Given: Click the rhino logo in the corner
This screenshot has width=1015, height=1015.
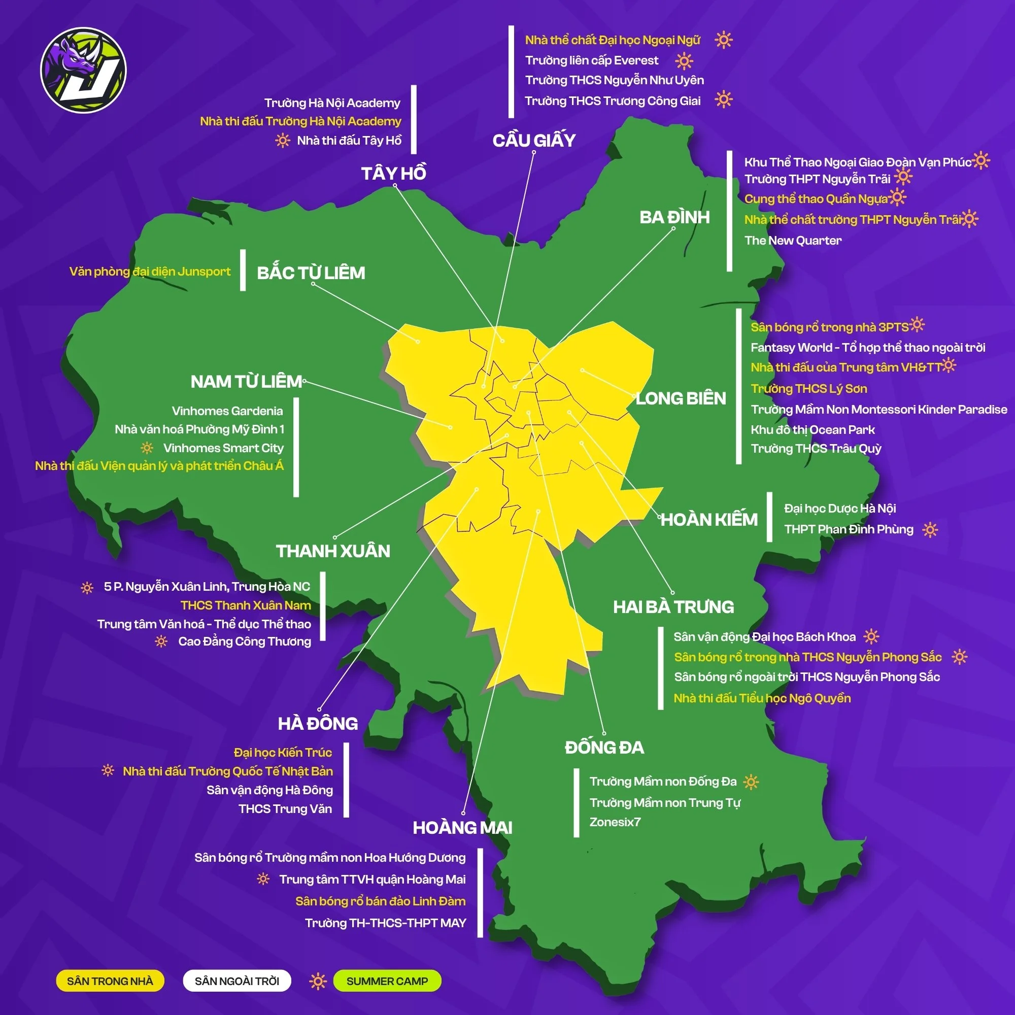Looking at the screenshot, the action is pyautogui.click(x=84, y=70).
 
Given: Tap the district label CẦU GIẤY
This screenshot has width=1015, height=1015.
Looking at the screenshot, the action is pyautogui.click(x=534, y=140).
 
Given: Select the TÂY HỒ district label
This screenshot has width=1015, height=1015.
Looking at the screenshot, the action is pyautogui.click(x=393, y=173).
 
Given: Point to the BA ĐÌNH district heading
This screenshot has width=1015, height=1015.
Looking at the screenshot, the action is pyautogui.click(x=674, y=217).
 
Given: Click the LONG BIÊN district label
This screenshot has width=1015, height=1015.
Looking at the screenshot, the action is pyautogui.click(x=681, y=398).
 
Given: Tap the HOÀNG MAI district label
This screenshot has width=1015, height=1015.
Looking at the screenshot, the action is pyautogui.click(x=462, y=827).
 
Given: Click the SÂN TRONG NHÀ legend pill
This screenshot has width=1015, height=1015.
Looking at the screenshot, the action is pyautogui.click(x=110, y=981).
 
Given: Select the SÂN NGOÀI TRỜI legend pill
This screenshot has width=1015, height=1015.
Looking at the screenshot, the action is pyautogui.click(x=237, y=981).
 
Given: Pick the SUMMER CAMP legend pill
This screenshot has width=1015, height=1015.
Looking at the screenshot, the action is pyautogui.click(x=387, y=981).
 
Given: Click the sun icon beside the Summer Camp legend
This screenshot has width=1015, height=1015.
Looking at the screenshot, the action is pyautogui.click(x=317, y=981).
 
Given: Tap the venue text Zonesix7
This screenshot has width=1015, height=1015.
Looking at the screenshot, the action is pyautogui.click(x=615, y=822).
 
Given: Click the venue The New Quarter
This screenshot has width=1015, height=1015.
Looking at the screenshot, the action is pyautogui.click(x=792, y=240).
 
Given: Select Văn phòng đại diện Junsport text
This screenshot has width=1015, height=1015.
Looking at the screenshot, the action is pyautogui.click(x=150, y=271).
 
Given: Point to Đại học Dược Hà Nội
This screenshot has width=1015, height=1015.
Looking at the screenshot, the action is pyautogui.click(x=839, y=508).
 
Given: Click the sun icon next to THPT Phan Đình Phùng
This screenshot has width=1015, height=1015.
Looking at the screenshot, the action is pyautogui.click(x=930, y=529).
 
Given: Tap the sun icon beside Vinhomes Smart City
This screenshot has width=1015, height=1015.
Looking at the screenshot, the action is pyautogui.click(x=147, y=448).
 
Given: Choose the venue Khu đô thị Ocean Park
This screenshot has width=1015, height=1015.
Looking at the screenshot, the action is pyautogui.click(x=812, y=429).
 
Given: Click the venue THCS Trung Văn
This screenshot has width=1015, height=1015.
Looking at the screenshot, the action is pyautogui.click(x=285, y=808).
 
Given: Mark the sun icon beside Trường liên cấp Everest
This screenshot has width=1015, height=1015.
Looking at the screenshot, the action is pyautogui.click(x=684, y=61).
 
